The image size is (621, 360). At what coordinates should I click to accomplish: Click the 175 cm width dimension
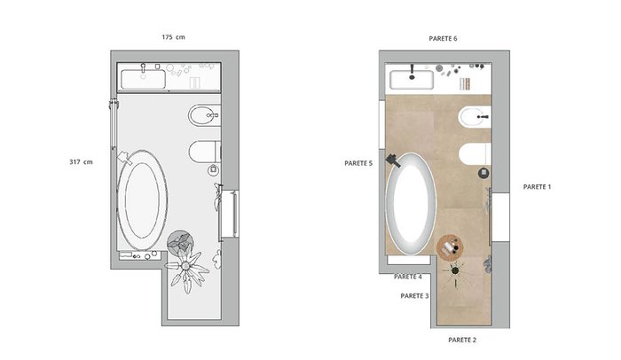(x=173, y=37)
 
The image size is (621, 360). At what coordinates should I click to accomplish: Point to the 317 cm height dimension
(x=81, y=161)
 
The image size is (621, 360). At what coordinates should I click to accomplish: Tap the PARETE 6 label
(x=443, y=38)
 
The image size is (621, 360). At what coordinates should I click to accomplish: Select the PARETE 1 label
(x=537, y=186)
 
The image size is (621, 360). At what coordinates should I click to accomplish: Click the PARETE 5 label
(x=358, y=163)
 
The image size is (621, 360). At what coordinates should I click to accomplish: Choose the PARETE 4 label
(x=407, y=277)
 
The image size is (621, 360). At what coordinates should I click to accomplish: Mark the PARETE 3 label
(x=414, y=296)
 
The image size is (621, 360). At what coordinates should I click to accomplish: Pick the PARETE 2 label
(x=462, y=340)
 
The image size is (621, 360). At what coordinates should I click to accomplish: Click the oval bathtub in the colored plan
(x=411, y=203)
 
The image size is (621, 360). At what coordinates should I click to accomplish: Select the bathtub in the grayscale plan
(x=142, y=200)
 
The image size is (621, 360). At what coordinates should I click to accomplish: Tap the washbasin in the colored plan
(x=412, y=80)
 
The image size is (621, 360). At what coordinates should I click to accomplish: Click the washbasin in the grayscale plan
(x=143, y=79)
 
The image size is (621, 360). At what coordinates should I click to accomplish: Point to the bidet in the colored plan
(x=475, y=117)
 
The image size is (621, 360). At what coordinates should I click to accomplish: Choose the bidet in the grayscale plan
(x=204, y=115)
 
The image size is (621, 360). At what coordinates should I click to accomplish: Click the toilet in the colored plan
(x=475, y=153)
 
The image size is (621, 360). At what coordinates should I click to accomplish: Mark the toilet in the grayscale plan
(x=204, y=152)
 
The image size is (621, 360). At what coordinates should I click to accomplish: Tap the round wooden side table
(x=450, y=247)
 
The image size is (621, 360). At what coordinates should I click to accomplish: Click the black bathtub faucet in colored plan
(x=393, y=160)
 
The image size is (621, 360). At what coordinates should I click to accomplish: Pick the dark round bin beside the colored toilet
(x=483, y=173)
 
